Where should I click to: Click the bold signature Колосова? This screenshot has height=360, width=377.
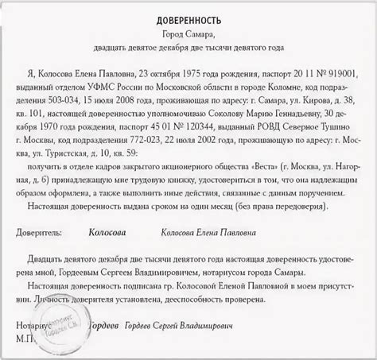[x=111, y=233]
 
